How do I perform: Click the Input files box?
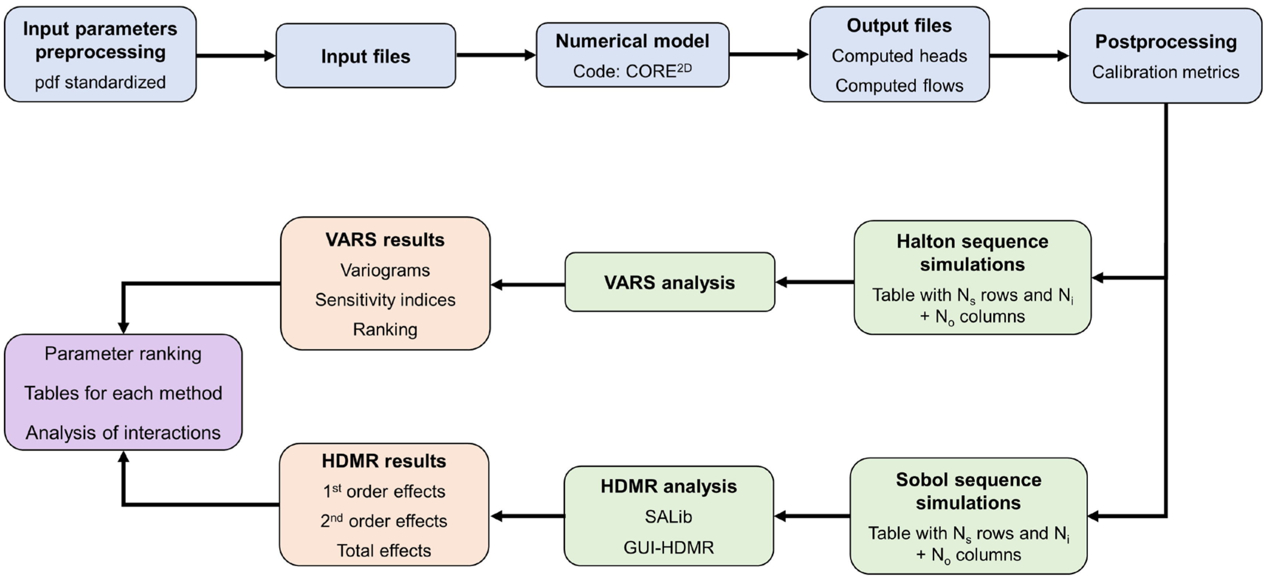[365, 56]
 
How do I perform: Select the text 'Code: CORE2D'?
[632, 71]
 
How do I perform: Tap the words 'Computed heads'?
[899, 56]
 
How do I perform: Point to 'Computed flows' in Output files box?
[899, 86]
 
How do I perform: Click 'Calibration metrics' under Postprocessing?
[1165, 72]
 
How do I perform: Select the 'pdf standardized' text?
[100, 82]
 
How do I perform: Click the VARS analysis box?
[669, 282]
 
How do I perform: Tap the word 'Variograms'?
[385, 270]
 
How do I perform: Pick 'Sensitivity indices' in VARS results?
[385, 300]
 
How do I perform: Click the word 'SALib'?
[668, 517]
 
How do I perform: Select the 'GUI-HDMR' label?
[668, 548]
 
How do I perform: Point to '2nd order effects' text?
[383, 521]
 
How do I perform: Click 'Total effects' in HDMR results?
[383, 551]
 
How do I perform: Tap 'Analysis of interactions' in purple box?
[123, 433]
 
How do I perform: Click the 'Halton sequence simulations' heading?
[972, 253]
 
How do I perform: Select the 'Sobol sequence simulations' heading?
[968, 491]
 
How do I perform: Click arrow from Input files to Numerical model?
[495, 55]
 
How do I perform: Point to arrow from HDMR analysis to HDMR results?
[527, 516]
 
